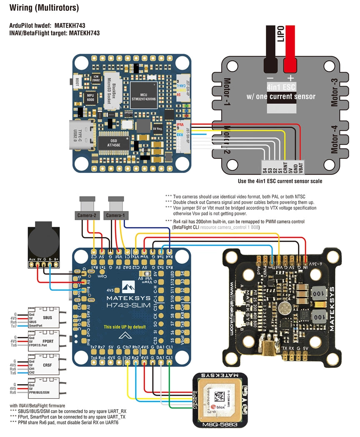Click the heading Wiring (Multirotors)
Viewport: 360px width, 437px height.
click(44, 7)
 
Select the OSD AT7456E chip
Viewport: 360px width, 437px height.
click(107, 142)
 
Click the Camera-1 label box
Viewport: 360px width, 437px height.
click(115, 215)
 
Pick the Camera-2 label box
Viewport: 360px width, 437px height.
click(86, 215)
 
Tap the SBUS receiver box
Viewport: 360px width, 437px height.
click(44, 318)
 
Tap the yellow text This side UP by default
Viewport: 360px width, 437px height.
click(125, 327)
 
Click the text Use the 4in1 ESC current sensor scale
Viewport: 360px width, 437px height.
click(280, 181)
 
